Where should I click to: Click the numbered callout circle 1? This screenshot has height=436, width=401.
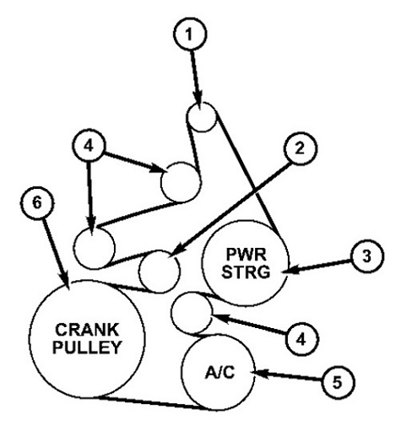coord(190,34)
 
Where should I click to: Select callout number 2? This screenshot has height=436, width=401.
coord(301,148)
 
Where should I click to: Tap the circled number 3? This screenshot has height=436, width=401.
coord(367,256)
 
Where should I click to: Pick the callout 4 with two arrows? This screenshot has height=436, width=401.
coord(89,146)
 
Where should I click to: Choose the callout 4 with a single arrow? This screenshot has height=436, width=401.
coord(301,339)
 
